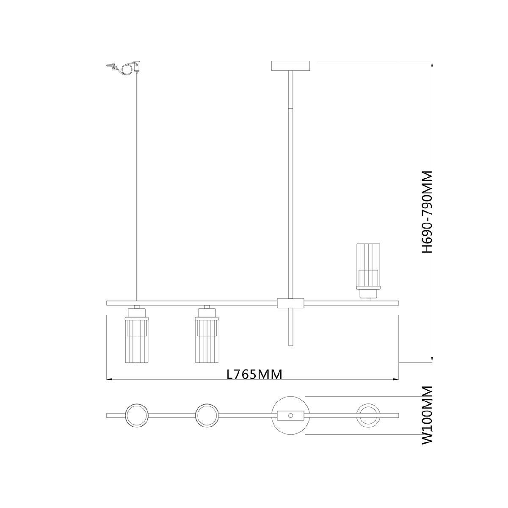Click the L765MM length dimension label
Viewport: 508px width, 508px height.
tap(254, 375)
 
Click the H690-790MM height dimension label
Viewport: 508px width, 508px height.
tap(427, 212)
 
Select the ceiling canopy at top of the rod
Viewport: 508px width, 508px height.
tap(291, 66)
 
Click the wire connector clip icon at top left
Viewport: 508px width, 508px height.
tap(123, 68)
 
